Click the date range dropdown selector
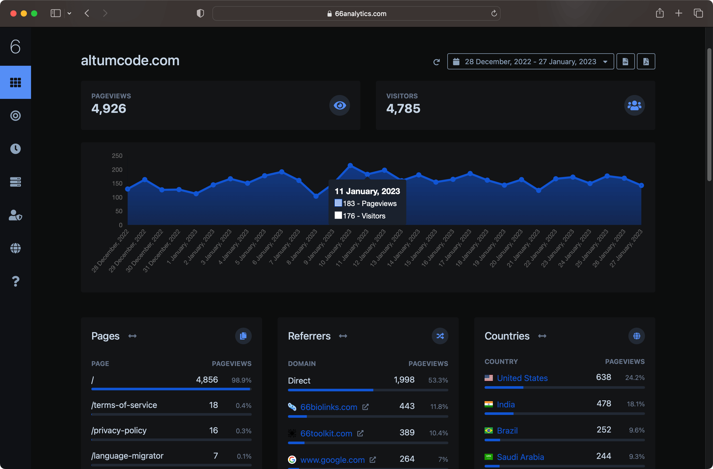pos(530,61)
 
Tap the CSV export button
pos(625,61)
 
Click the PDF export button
pos(646,61)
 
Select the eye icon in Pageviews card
pos(340,106)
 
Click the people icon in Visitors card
pos(635,106)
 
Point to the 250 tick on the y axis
pos(117,156)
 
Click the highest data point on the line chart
pos(350,165)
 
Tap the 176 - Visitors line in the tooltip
pos(360,216)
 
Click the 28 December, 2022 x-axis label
pos(110,251)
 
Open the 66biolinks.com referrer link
pos(329,407)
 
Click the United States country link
pos(522,378)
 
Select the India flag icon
pos(489,404)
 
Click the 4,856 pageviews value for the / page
pos(207,380)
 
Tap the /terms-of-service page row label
pos(124,405)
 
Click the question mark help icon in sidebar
pos(16,281)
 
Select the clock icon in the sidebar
pos(16,149)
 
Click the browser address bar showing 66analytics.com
pos(356,13)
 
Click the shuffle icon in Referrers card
pos(440,336)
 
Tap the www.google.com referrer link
pos(332,460)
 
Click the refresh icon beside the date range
pos(436,62)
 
